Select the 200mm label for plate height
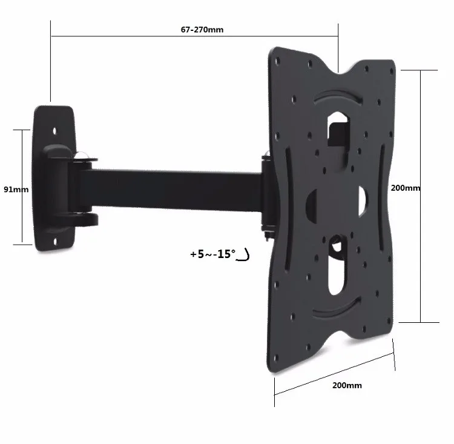point(405,188)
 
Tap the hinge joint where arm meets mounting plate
point(266,194)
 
